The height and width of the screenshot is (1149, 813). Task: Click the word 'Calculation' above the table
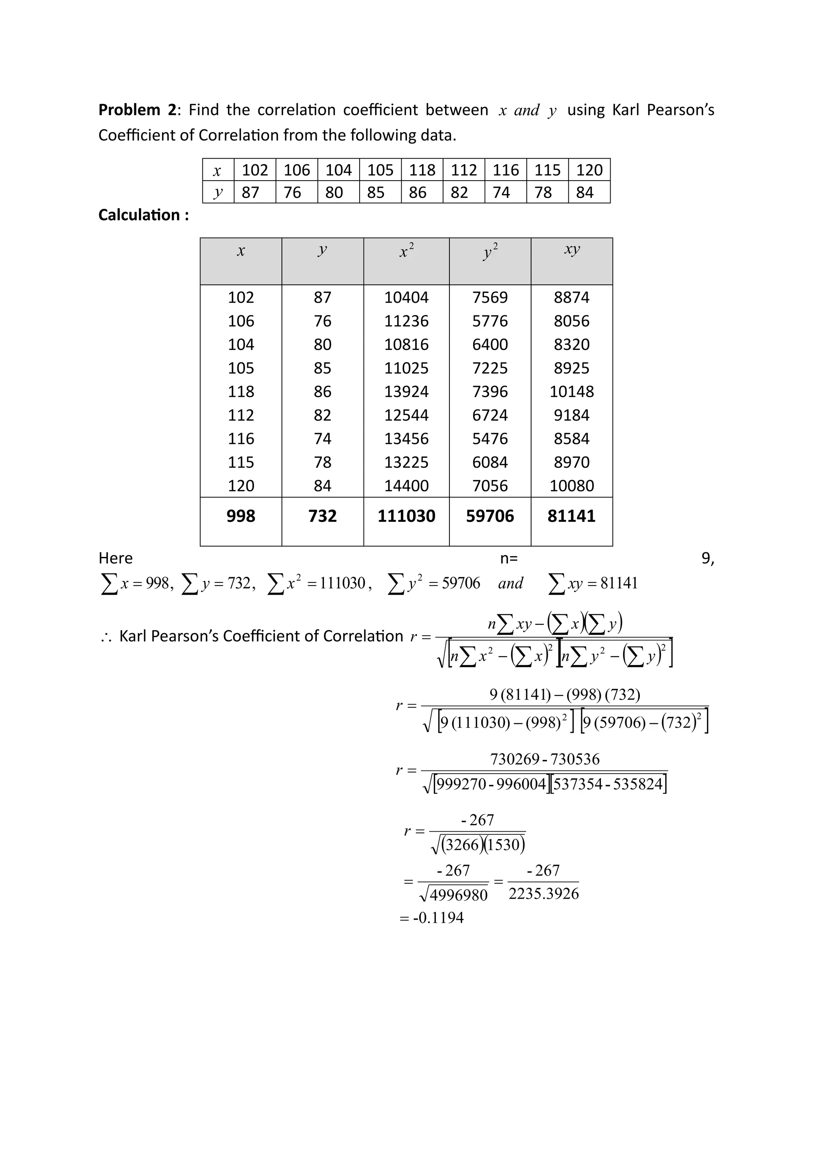[x=139, y=215]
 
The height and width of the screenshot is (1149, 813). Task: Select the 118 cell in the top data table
[x=422, y=170]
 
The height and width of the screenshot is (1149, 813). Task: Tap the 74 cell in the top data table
[x=501, y=192]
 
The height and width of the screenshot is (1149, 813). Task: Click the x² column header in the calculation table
[x=406, y=251]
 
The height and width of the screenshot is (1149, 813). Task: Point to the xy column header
[x=571, y=249]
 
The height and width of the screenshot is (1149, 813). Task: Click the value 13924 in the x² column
[x=406, y=391]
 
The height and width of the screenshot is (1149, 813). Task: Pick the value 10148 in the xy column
[x=571, y=391]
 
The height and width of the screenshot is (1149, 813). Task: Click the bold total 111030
[x=406, y=516]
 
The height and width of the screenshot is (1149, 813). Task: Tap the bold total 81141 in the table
[x=571, y=516]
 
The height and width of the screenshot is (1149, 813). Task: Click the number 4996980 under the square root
[x=458, y=895]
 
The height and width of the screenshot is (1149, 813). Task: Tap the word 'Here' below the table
[x=115, y=558]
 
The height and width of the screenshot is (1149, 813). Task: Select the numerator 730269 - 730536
[x=544, y=759]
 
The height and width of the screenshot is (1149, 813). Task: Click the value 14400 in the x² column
[x=406, y=485]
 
